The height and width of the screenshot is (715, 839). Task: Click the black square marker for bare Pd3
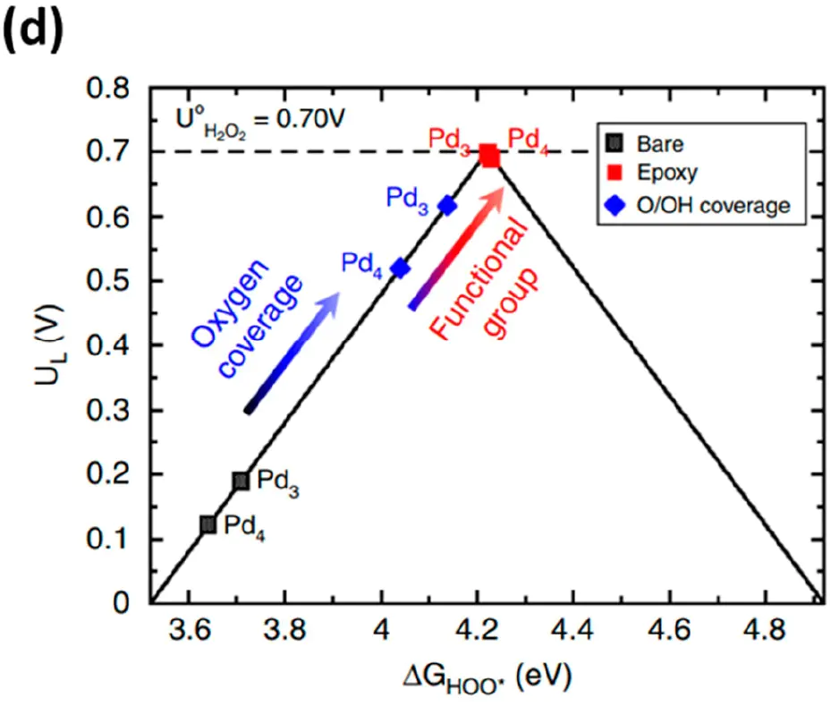coord(241,481)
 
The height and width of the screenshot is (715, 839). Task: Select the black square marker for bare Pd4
coord(208,524)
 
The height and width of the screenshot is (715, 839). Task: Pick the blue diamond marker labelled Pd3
coord(447,206)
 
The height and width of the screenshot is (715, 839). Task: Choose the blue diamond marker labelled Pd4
coord(400,268)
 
